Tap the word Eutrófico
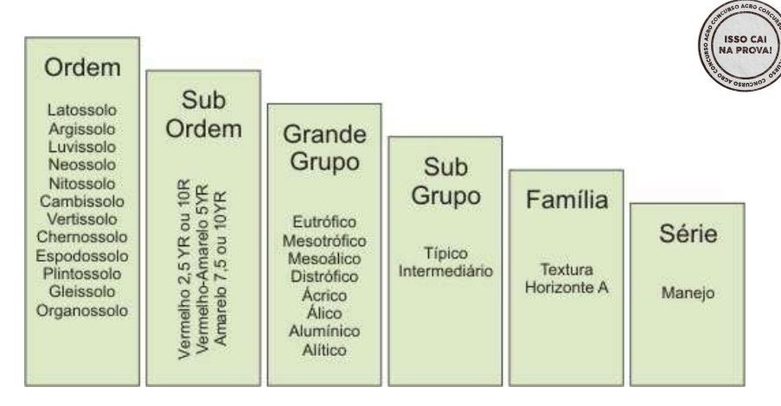(x=325, y=223)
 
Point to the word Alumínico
(x=325, y=332)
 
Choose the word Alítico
(x=325, y=350)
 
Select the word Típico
(x=445, y=254)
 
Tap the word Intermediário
(x=445, y=271)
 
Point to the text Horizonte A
(x=567, y=286)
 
